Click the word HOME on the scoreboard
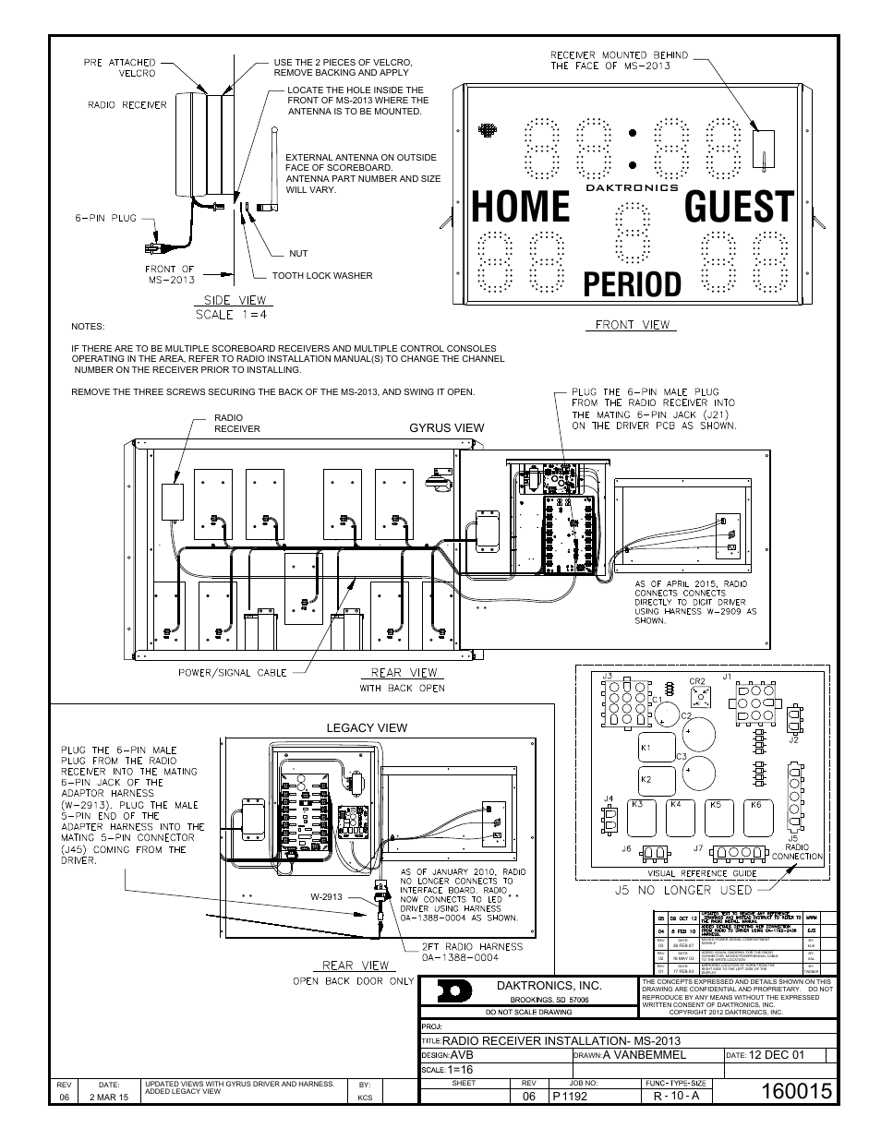[x=520, y=207]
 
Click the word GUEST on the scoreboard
[x=738, y=207]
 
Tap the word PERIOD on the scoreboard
[x=632, y=285]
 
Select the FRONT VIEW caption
[x=632, y=325]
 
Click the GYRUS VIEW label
[x=447, y=427]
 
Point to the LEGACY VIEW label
[x=367, y=727]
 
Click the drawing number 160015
[x=798, y=1090]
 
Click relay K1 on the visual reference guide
[x=646, y=748]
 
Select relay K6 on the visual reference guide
[x=756, y=805]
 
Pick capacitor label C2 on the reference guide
[x=686, y=716]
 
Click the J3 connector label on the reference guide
[x=607, y=676]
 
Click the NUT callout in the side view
[x=298, y=253]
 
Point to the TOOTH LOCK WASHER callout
[x=322, y=275]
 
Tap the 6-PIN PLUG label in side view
[x=106, y=219]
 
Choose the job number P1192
[x=570, y=1096]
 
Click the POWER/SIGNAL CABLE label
[x=233, y=673]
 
